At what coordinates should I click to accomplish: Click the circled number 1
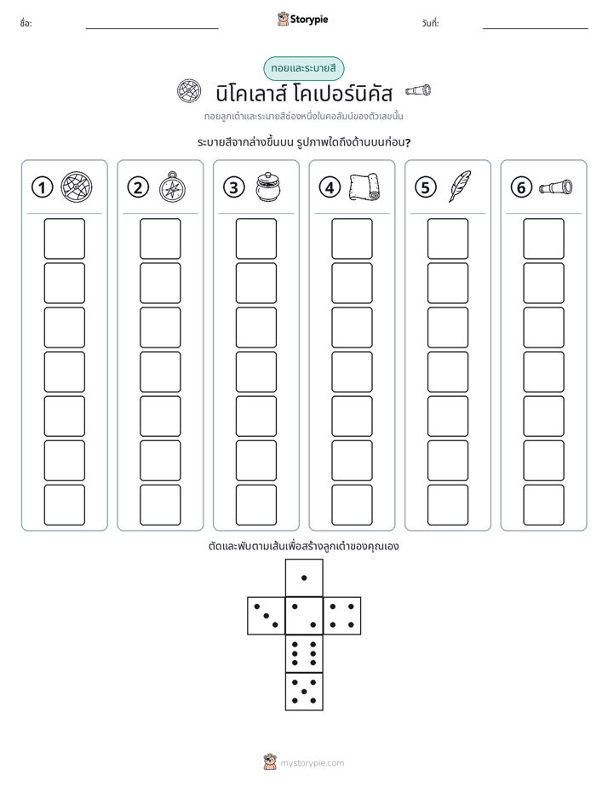[42, 187]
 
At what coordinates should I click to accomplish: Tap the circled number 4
[330, 187]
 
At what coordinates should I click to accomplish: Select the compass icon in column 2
[172, 187]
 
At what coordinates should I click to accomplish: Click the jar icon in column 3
[268, 187]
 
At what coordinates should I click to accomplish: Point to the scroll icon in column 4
[364, 187]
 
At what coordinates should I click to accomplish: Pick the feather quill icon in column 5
[460, 187]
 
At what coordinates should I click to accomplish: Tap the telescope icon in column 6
[555, 187]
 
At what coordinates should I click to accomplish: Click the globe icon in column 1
[77, 187]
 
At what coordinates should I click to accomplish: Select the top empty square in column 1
[64, 238]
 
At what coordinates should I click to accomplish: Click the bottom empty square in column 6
[543, 505]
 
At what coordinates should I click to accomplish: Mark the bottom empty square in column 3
[255, 505]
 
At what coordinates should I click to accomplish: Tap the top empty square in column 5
[447, 238]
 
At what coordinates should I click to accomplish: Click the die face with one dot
[304, 578]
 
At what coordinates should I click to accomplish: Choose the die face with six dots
[304, 654]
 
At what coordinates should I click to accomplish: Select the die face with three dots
[267, 616]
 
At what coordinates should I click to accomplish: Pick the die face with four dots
[342, 616]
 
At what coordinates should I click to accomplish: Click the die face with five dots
[304, 692]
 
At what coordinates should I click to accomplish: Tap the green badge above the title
[304, 68]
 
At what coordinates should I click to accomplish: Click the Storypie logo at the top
[302, 19]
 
